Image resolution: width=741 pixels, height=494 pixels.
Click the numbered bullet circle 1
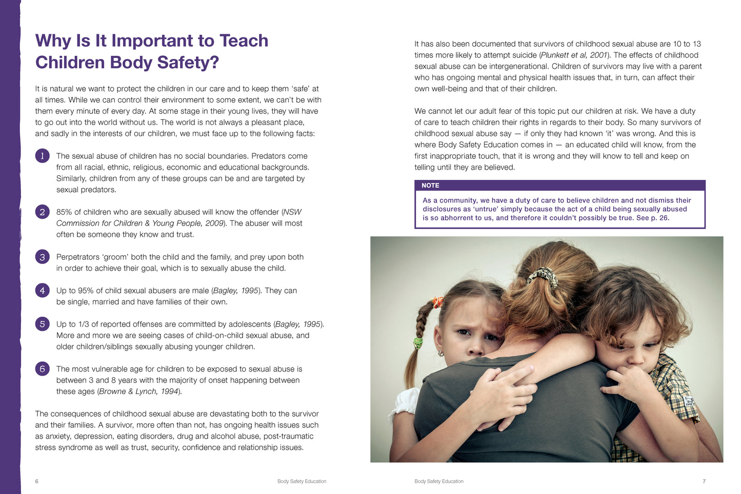pyautogui.click(x=42, y=156)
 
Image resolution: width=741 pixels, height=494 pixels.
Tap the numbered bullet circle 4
pyautogui.click(x=42, y=291)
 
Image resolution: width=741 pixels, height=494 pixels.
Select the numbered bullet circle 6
pyautogui.click(x=42, y=369)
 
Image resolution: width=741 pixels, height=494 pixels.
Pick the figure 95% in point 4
pyautogui.click(x=90, y=291)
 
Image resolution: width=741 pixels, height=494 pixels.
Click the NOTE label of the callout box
pyautogui.click(x=430, y=186)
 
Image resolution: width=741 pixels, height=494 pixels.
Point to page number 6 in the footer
pyautogui.click(x=36, y=481)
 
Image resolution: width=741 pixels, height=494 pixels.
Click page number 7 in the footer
pyautogui.click(x=704, y=481)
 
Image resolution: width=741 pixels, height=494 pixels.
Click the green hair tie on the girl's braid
pyautogui.click(x=418, y=342)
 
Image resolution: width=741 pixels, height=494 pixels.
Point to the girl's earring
pyautogui.click(x=440, y=353)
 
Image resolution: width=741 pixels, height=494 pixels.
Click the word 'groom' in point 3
pyautogui.click(x=115, y=257)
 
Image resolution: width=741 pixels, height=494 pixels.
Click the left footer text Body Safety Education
pyautogui.click(x=302, y=481)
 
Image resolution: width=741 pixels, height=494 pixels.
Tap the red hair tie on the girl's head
pyautogui.click(x=437, y=302)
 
